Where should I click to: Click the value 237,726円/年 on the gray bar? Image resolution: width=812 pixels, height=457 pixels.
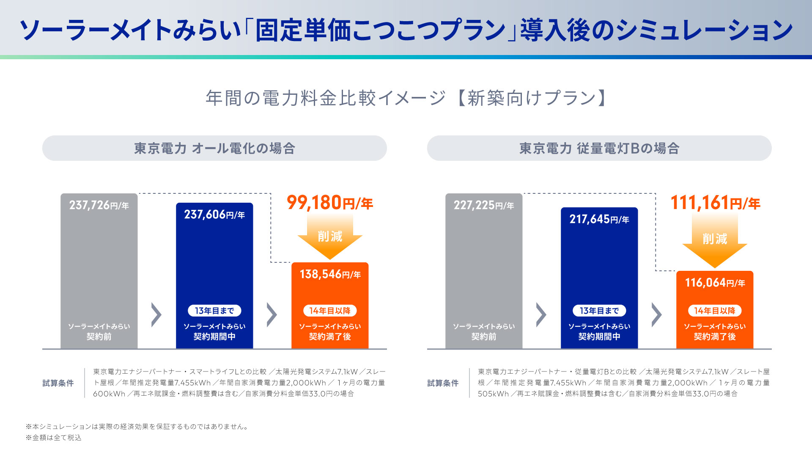coord(99,205)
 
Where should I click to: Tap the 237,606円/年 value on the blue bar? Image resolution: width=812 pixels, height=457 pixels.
coord(214,215)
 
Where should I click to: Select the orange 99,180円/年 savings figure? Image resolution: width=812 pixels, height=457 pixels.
coord(330,203)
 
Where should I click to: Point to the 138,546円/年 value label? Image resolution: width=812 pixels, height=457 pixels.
coord(330,274)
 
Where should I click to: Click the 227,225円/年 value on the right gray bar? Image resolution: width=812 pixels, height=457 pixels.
coord(484,205)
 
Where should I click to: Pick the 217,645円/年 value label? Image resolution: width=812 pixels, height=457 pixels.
coord(599,219)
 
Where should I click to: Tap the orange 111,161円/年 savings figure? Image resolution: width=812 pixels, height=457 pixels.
coord(715,203)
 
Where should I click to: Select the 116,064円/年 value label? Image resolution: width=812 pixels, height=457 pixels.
coord(715,283)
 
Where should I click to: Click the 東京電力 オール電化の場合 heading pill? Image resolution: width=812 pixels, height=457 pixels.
coord(214,148)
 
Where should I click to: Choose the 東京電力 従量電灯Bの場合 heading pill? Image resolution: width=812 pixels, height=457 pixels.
coord(599,148)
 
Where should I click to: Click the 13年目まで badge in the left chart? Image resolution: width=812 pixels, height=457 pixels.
coord(214,311)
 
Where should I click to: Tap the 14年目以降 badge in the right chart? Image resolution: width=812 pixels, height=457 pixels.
coord(715,311)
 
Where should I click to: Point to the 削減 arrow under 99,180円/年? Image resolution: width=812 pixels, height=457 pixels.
coord(330,237)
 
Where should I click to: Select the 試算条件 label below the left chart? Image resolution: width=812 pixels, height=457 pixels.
coord(58,383)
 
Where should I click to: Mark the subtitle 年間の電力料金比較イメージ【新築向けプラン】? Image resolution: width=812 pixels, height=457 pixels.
coord(406,98)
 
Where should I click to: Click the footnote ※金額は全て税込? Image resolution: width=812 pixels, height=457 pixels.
coord(54,438)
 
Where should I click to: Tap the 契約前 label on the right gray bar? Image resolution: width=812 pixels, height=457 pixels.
coord(484,336)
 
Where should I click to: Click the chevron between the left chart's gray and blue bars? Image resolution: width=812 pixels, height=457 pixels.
coord(156,314)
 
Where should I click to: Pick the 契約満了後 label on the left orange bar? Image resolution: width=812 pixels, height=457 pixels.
coord(330,336)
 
